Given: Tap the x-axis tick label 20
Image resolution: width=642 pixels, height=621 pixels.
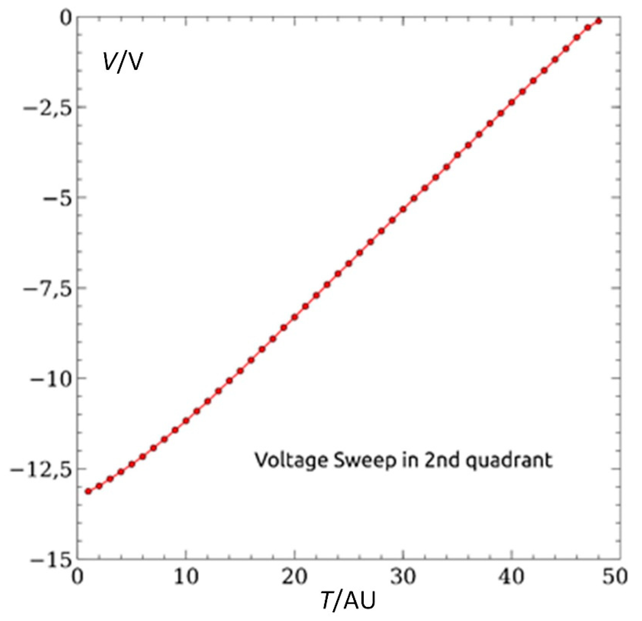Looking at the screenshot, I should click(x=295, y=577).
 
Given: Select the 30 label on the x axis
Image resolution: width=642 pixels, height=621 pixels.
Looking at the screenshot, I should click(x=403, y=577).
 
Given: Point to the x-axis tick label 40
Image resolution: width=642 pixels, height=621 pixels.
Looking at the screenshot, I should click(x=512, y=577).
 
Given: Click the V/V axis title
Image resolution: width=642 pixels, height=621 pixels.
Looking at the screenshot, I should click(x=122, y=62).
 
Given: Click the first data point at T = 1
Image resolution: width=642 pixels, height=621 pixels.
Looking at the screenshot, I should click(x=88, y=491).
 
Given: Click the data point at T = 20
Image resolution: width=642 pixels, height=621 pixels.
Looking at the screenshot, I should click(x=295, y=317).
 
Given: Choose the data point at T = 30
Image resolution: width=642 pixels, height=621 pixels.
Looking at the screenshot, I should click(x=403, y=209).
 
